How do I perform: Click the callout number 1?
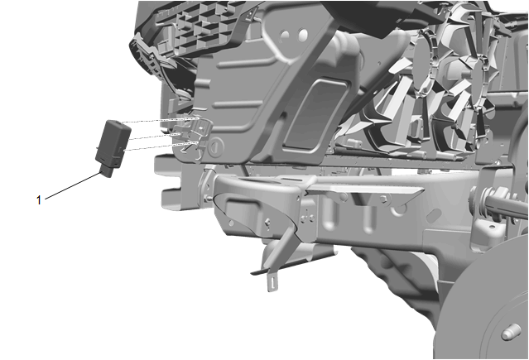pos(38,200)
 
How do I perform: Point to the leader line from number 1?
pos(73,186)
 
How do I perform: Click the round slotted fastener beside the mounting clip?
pos(216,146)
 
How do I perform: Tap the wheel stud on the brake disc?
pos(511,333)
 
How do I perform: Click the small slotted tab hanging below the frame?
pos(272,282)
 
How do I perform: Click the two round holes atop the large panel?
pos(294,35)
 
